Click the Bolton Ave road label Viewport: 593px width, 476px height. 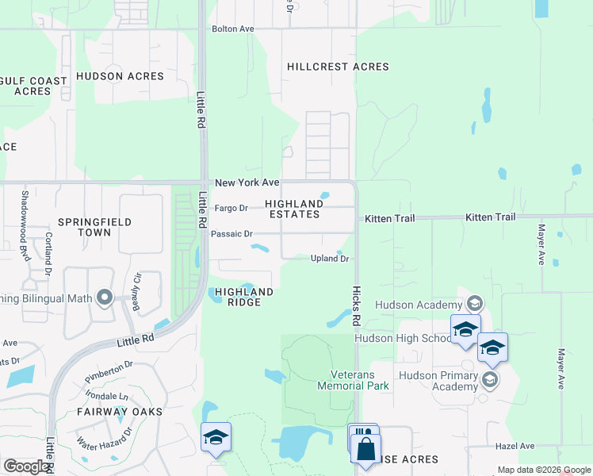point(232,29)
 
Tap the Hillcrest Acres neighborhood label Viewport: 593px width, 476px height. point(338,67)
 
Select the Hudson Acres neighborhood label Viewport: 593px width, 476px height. point(120,76)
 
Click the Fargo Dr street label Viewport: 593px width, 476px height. point(231,209)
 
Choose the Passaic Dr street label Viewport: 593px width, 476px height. point(231,234)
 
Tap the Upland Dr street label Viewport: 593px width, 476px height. point(329,259)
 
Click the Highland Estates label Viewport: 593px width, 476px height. point(293,209)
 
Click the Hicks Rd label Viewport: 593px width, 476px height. point(357,305)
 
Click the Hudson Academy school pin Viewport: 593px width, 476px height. point(474,303)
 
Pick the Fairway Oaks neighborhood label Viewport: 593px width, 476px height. point(120,412)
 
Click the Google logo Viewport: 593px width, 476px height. point(26,466)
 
